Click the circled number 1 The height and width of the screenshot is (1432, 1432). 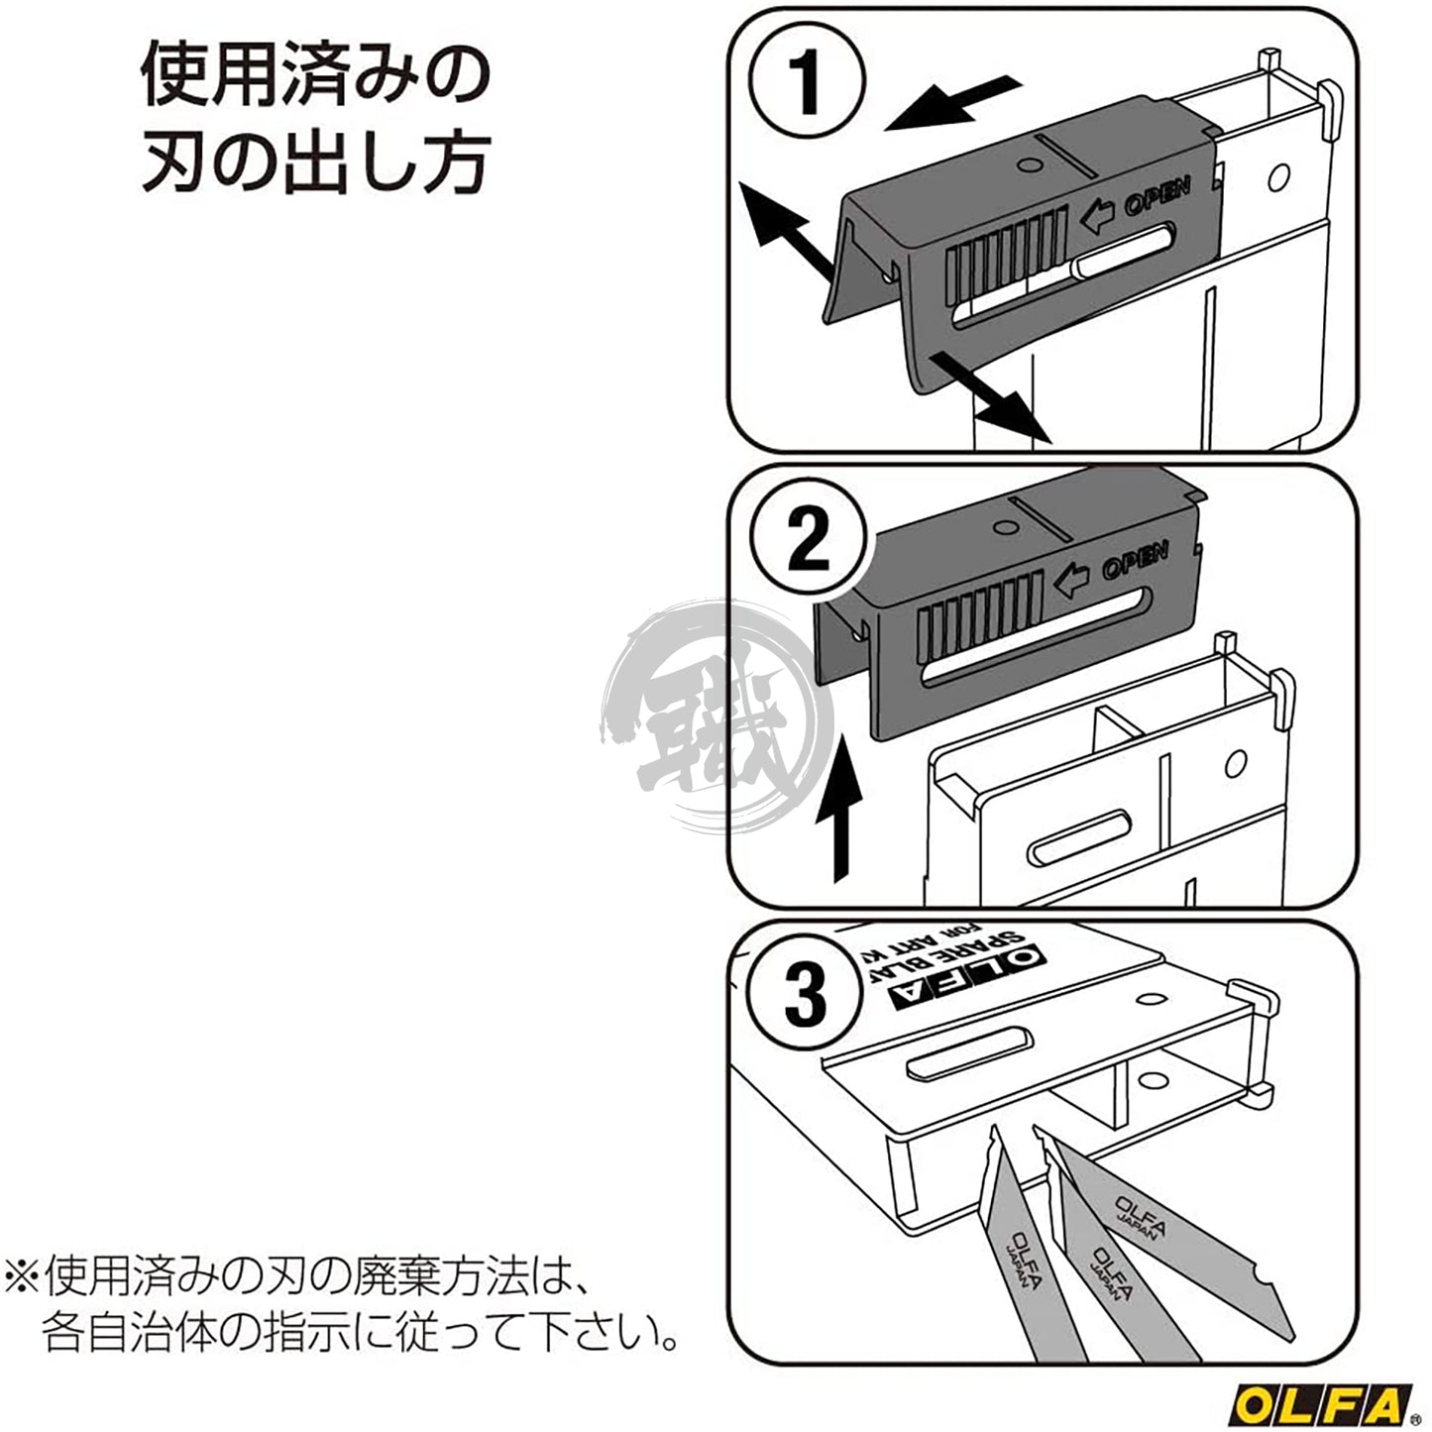806,82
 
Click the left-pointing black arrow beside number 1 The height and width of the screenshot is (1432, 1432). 951,104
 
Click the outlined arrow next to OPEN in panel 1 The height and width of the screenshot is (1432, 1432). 1097,215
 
